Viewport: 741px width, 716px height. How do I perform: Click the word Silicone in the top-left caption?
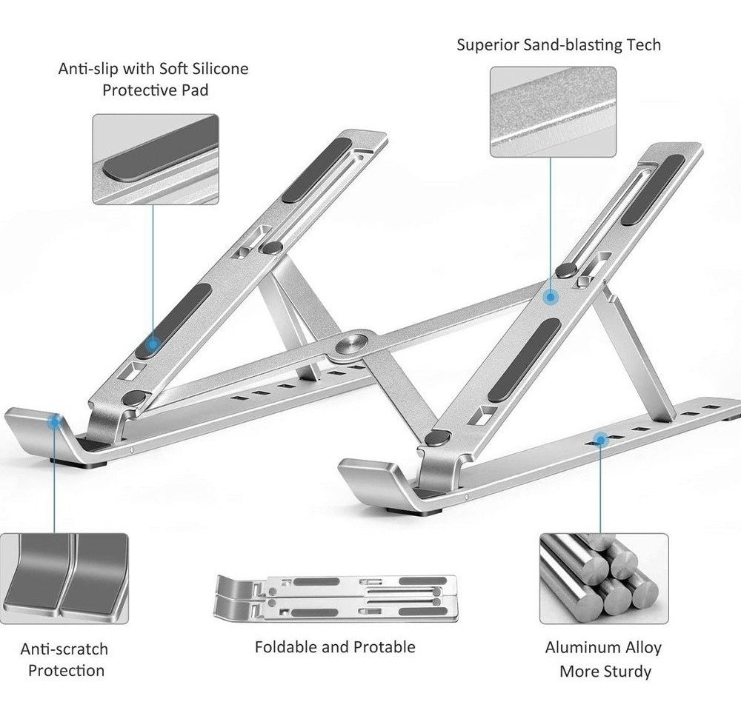click(x=219, y=69)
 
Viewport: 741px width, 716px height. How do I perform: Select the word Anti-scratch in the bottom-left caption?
click(x=64, y=649)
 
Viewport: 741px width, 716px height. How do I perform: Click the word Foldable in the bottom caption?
click(x=286, y=646)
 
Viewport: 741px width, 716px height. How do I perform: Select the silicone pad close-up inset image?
click(x=155, y=158)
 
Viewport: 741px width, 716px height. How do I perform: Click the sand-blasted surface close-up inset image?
click(x=553, y=111)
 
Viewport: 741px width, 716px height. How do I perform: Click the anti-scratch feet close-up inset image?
click(x=64, y=577)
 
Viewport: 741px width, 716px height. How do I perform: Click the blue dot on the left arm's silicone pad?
click(x=153, y=344)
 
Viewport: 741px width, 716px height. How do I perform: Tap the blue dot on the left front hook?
click(x=54, y=422)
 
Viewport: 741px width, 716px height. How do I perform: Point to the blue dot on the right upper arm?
click(x=551, y=297)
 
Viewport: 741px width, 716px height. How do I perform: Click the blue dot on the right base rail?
click(x=599, y=440)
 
